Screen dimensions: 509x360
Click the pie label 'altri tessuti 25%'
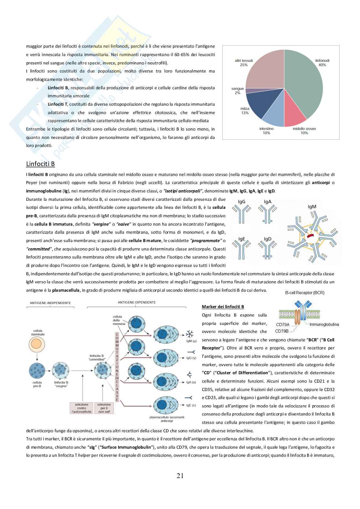[244, 63]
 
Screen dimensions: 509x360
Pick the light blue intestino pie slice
[274, 116]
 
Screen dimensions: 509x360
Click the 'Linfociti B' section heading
[40, 164]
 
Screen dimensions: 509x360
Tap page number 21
[180, 475]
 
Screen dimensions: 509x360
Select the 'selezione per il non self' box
[104, 408]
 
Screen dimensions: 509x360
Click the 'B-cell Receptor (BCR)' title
[305, 293]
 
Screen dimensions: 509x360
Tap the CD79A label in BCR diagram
[283, 325]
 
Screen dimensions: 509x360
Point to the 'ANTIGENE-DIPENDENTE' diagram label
[137, 302]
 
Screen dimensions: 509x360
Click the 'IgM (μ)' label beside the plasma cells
[191, 341]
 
